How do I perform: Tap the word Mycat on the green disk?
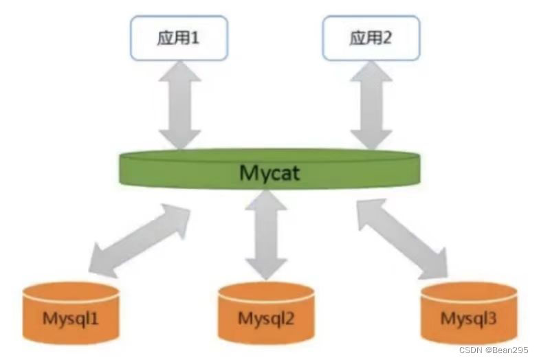point(269,172)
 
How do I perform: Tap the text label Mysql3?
point(468,319)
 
